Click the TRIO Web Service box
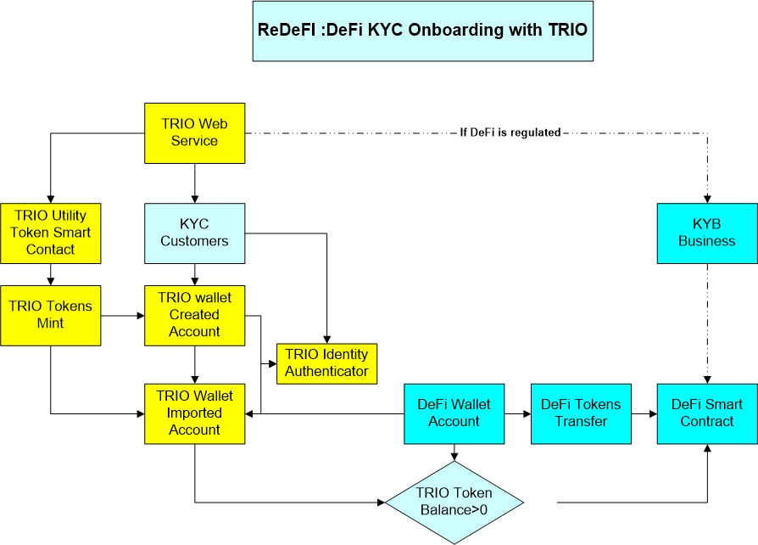pyautogui.click(x=195, y=133)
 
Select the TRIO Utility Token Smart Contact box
pyautogui.click(x=51, y=233)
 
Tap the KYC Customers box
pyautogui.click(x=195, y=233)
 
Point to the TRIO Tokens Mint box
pyautogui.click(x=51, y=316)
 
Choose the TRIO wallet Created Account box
pyautogui.click(x=195, y=316)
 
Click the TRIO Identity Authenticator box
pyautogui.click(x=327, y=362)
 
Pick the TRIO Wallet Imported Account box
pyautogui.click(x=195, y=413)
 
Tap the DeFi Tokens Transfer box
pyautogui.click(x=581, y=413)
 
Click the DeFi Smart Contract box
pyautogui.click(x=707, y=413)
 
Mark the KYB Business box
pyautogui.click(x=707, y=233)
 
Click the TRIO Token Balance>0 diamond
pyautogui.click(x=454, y=503)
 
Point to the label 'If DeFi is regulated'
pyautogui.click(x=510, y=133)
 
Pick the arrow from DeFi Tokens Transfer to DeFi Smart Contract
pyautogui.click(x=644, y=413)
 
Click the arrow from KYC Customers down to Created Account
pyautogui.click(x=195, y=273)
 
